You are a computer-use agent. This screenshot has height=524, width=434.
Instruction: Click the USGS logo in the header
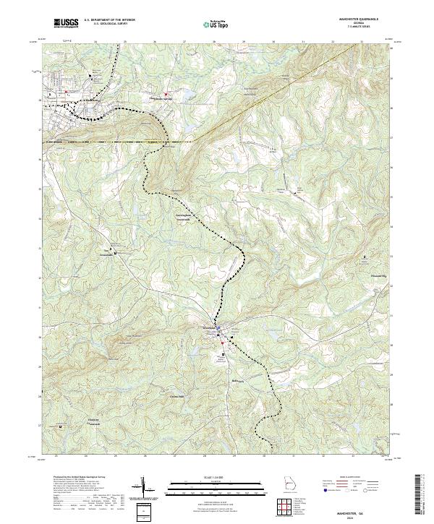66,24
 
